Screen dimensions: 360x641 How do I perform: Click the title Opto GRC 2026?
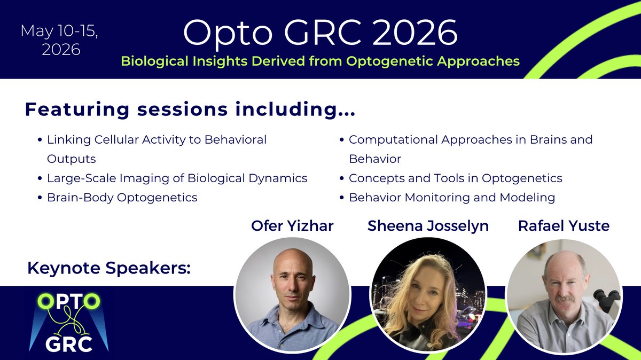pos(320,33)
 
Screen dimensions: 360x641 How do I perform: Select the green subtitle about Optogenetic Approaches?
pos(320,61)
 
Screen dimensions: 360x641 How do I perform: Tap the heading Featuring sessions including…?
pos(190,109)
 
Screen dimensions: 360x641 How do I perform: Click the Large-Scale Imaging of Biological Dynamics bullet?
pos(177,178)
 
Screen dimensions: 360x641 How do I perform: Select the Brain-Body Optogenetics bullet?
pos(122,197)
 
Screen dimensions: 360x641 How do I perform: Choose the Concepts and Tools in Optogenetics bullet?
pos(455,178)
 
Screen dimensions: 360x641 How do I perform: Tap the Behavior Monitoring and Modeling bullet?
pos(451,197)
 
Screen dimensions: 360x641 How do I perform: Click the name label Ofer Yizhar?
pos(292,226)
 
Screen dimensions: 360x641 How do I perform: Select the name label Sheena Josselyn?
pos(428,226)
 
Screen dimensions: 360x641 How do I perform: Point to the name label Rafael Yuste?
pos(564,226)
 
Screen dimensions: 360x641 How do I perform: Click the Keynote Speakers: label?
pos(109,269)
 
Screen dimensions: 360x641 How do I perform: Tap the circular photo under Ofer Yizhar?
pos(292,294)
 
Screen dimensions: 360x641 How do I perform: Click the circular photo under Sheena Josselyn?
pos(428,294)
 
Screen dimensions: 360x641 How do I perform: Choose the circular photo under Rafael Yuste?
pos(564,294)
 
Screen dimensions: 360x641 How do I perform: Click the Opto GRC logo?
pos(68,320)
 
